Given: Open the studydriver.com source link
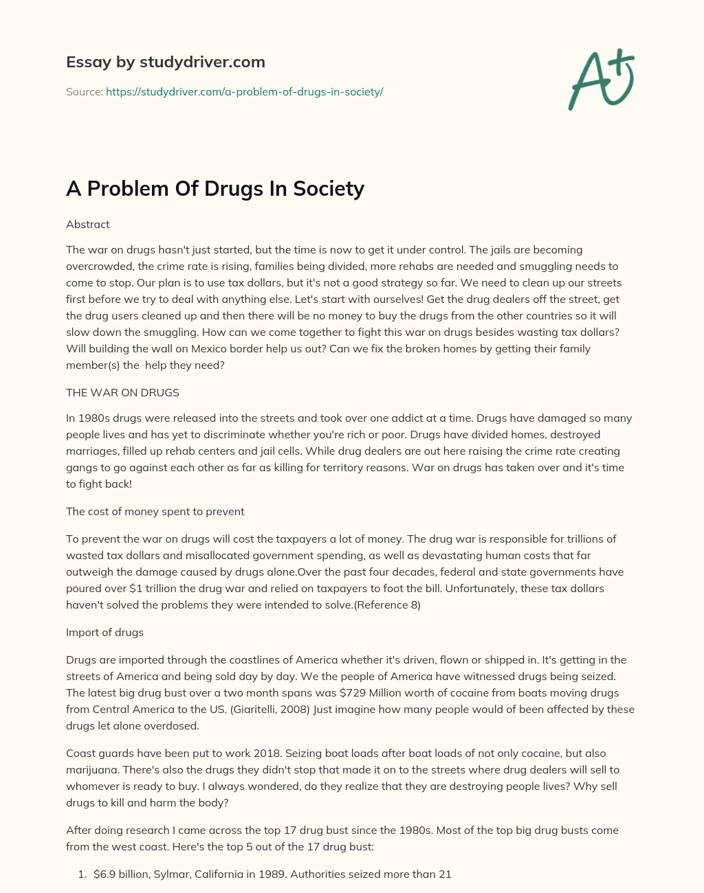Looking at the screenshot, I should (244, 91).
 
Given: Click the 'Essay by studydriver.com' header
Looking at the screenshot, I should (165, 62).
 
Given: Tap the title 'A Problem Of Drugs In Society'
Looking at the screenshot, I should (214, 188).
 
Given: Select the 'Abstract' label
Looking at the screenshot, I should (88, 225).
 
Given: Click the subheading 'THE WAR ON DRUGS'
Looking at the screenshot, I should (122, 393).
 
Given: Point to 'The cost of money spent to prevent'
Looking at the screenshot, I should (155, 511).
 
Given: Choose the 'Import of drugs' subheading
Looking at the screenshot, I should (104, 632).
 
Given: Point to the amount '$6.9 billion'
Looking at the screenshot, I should (120, 874).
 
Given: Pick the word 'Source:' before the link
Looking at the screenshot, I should (85, 91).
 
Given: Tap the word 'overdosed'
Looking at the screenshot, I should (159, 725).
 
